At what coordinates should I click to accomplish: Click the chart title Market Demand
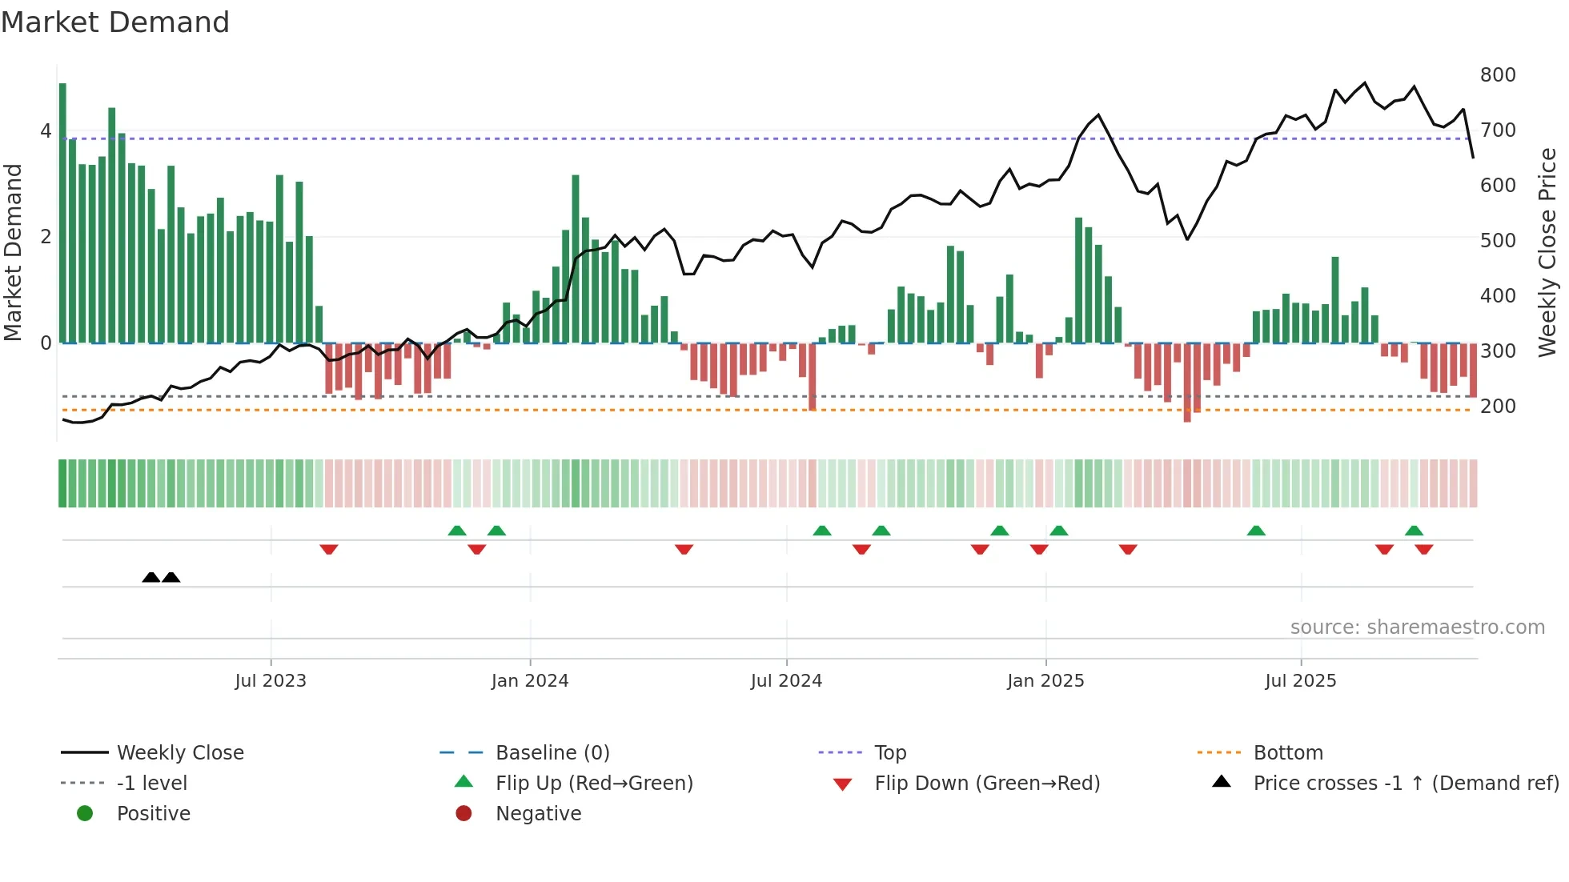[x=115, y=22]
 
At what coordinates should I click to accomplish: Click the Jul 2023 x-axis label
[x=271, y=681]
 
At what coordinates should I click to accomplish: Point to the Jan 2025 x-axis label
[x=1045, y=681]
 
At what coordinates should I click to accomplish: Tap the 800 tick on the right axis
[x=1498, y=75]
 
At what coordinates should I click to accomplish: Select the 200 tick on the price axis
[x=1498, y=407]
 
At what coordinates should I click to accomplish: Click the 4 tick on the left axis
[x=46, y=130]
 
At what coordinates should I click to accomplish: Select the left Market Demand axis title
[x=14, y=252]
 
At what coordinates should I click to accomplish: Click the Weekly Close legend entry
[x=180, y=753]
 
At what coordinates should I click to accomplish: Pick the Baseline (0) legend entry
[x=552, y=753]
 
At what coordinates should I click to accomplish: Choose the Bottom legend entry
[x=1288, y=753]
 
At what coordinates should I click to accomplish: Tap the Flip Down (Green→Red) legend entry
[x=987, y=784]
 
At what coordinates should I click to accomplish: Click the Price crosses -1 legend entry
[x=1406, y=784]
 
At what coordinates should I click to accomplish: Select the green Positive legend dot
[x=85, y=814]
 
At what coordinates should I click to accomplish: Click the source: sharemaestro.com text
[x=1417, y=627]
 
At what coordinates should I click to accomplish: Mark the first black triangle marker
[x=150, y=577]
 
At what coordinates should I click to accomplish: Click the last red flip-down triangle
[x=1423, y=549]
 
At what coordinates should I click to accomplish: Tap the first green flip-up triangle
[x=457, y=531]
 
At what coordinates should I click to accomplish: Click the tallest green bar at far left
[x=62, y=213]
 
